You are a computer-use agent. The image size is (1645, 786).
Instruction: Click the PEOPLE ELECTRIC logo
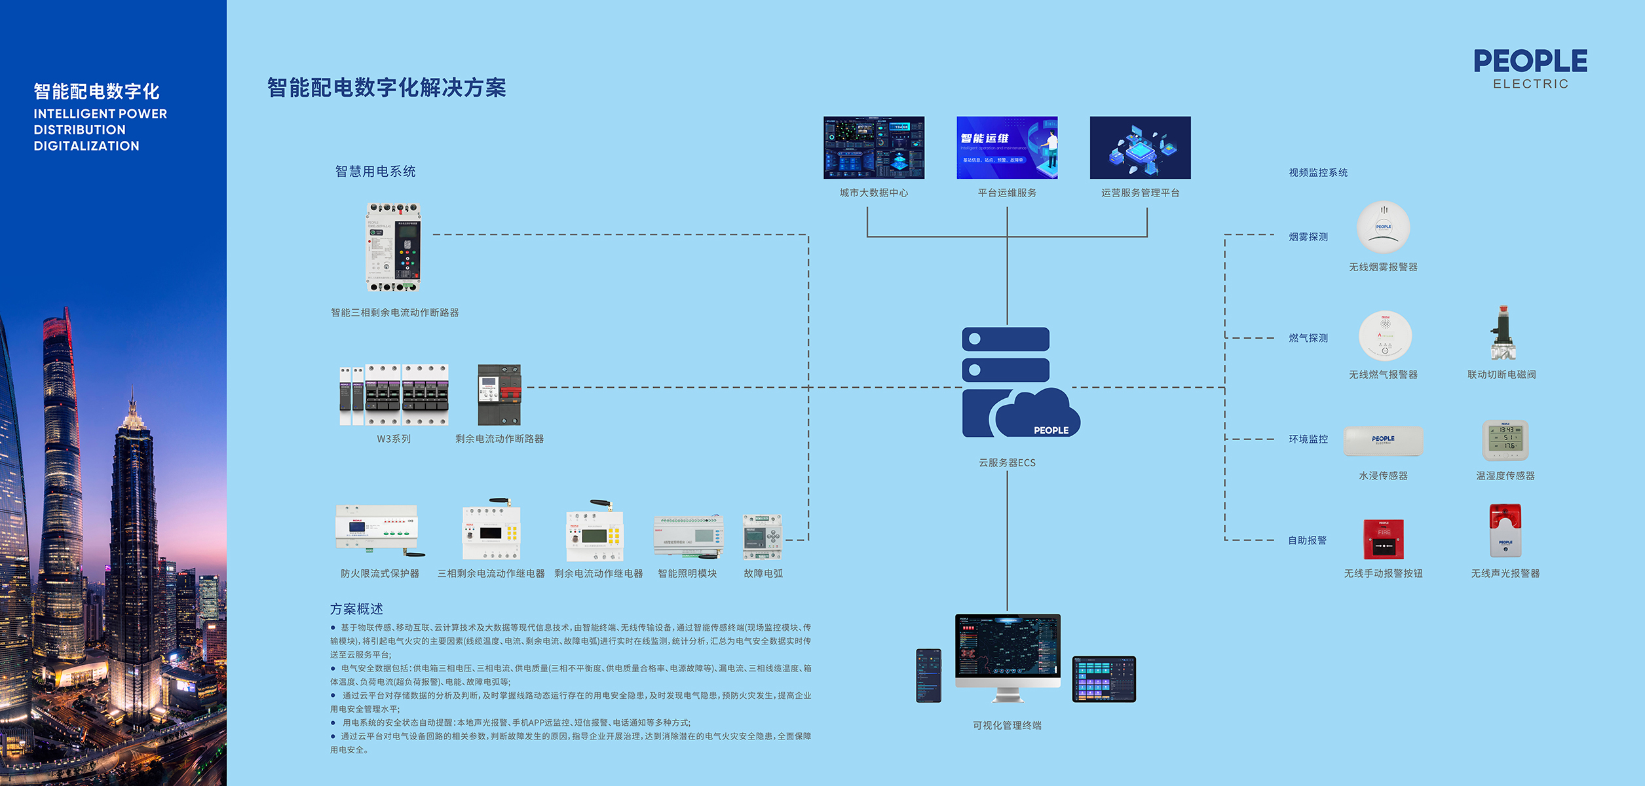(1530, 68)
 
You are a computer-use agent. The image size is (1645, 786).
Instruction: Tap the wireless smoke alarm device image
(1383, 227)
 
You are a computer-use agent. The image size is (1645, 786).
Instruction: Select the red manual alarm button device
(1383, 538)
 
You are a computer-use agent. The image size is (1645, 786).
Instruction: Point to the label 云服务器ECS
(1007, 462)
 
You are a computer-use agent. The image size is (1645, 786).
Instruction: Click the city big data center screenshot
(873, 147)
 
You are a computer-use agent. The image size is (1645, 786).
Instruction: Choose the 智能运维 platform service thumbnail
(1006, 147)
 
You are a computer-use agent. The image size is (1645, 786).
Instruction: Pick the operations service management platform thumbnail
(1140, 147)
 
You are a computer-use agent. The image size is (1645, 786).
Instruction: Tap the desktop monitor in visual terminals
(1008, 655)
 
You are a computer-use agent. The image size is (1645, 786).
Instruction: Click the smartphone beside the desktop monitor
(928, 675)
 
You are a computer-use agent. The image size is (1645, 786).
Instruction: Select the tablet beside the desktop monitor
(1104, 679)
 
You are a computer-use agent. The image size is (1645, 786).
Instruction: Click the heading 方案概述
(356, 609)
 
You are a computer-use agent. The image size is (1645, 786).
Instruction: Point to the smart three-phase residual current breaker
(393, 248)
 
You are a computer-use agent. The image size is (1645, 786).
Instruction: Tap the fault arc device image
(762, 537)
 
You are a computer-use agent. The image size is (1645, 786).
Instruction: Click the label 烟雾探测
(1308, 237)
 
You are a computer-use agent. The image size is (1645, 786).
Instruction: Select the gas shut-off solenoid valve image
(1502, 333)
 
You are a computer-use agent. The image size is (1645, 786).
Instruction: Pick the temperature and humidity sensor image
(1505, 440)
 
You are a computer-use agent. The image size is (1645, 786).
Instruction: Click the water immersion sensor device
(1383, 441)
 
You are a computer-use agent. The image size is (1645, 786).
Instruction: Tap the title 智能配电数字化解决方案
(387, 88)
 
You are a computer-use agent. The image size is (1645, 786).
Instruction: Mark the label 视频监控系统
(1318, 173)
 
